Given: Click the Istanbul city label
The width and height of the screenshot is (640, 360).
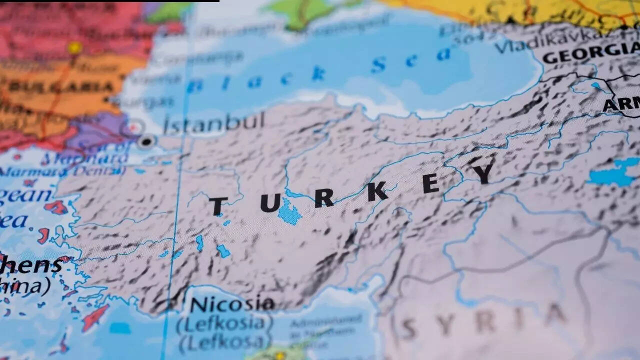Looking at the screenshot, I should point(214,122).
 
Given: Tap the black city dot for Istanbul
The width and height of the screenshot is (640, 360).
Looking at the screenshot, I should point(146,142).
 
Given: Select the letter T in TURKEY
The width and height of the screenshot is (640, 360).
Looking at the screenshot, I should point(218,206).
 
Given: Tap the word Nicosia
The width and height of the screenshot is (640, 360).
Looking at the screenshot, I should point(232,304).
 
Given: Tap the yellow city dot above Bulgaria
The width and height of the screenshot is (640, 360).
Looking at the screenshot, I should point(75,48).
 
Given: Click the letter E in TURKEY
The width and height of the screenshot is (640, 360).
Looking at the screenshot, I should point(430,183).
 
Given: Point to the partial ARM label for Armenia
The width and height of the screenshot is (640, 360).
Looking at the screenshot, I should point(621,104).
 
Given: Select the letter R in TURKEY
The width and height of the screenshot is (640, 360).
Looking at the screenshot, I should point(324,198).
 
